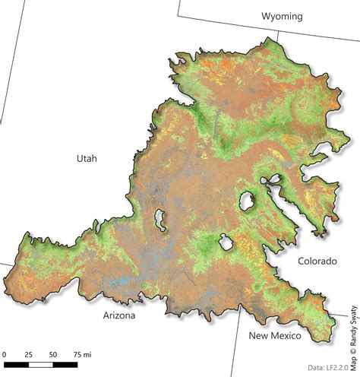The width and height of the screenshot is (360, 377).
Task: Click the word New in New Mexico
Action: (261, 335)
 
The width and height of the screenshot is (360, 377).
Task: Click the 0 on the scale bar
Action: (4, 354)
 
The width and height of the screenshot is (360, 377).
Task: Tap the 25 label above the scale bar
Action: (29, 354)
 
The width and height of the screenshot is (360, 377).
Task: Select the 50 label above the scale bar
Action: (53, 354)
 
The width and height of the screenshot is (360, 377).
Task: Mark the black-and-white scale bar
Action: (41, 365)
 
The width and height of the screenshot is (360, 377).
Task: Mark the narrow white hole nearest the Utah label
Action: (160, 220)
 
